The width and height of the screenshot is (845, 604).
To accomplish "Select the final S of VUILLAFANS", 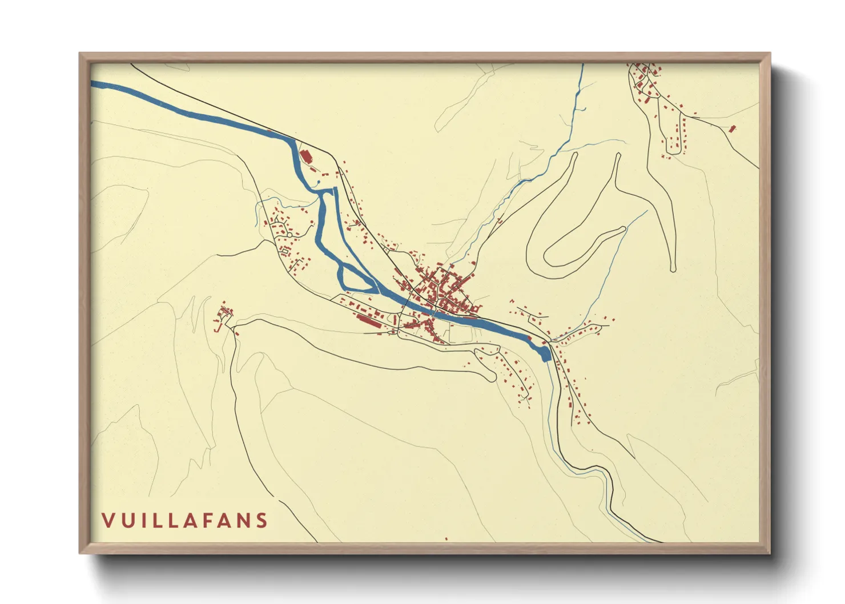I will pyautogui.click(x=262, y=521).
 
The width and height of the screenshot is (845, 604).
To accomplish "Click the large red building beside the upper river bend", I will pyautogui.click(x=305, y=156).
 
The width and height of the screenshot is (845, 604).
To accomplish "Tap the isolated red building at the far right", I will pyautogui.click(x=733, y=128).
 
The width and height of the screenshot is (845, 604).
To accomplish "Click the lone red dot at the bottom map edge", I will pyautogui.click(x=446, y=538).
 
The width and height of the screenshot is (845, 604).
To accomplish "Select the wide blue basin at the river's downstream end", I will pyautogui.click(x=544, y=354).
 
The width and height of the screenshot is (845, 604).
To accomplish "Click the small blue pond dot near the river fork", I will pyautogui.click(x=317, y=183).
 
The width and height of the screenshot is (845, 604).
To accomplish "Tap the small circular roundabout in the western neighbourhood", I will pyautogui.click(x=289, y=235).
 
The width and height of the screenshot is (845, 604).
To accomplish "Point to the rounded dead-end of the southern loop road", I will pyautogui.click(x=491, y=376).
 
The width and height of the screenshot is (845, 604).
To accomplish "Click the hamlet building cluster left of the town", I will pyautogui.click(x=224, y=315).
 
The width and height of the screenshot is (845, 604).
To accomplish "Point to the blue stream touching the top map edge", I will pyautogui.click(x=582, y=66).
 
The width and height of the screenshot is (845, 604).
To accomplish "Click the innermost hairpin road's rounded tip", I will pyautogui.click(x=621, y=230).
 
